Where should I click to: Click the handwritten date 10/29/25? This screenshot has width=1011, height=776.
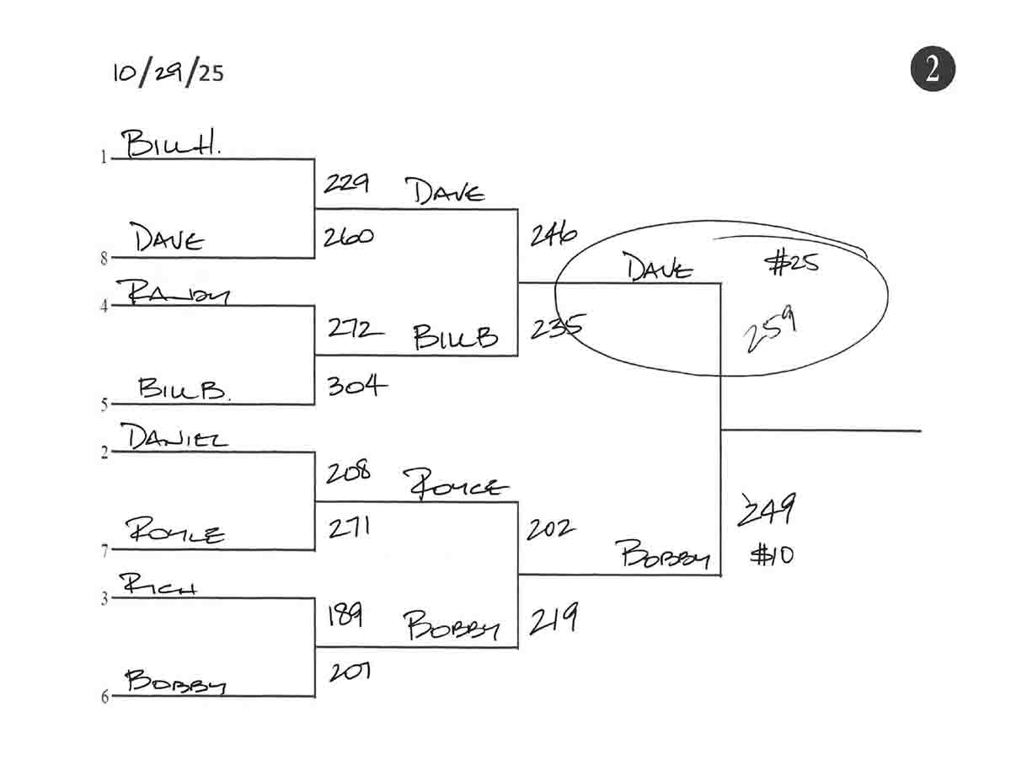[x=168, y=72]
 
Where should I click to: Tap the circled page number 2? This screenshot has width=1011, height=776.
[x=932, y=69]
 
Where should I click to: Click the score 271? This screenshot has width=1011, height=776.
[x=348, y=529]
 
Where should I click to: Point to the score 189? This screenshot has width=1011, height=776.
[x=344, y=617]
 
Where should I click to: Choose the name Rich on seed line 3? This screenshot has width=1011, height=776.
[x=158, y=584]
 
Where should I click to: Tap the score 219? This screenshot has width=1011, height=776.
[x=553, y=622]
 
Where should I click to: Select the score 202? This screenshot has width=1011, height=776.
[x=550, y=529]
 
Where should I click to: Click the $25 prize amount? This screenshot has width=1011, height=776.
[x=791, y=265]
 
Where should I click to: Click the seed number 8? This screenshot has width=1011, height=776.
[x=104, y=259]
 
